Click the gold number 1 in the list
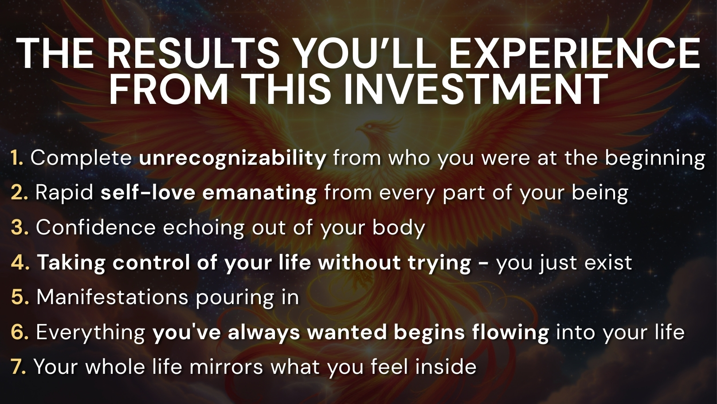(17, 158)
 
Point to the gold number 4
(20, 262)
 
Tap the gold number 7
(18, 367)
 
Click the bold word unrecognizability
(233, 158)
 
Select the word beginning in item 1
(655, 158)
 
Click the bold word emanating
(259, 193)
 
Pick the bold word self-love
(148, 193)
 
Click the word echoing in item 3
(204, 229)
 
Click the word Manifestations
(112, 297)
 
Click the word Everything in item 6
(90, 333)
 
